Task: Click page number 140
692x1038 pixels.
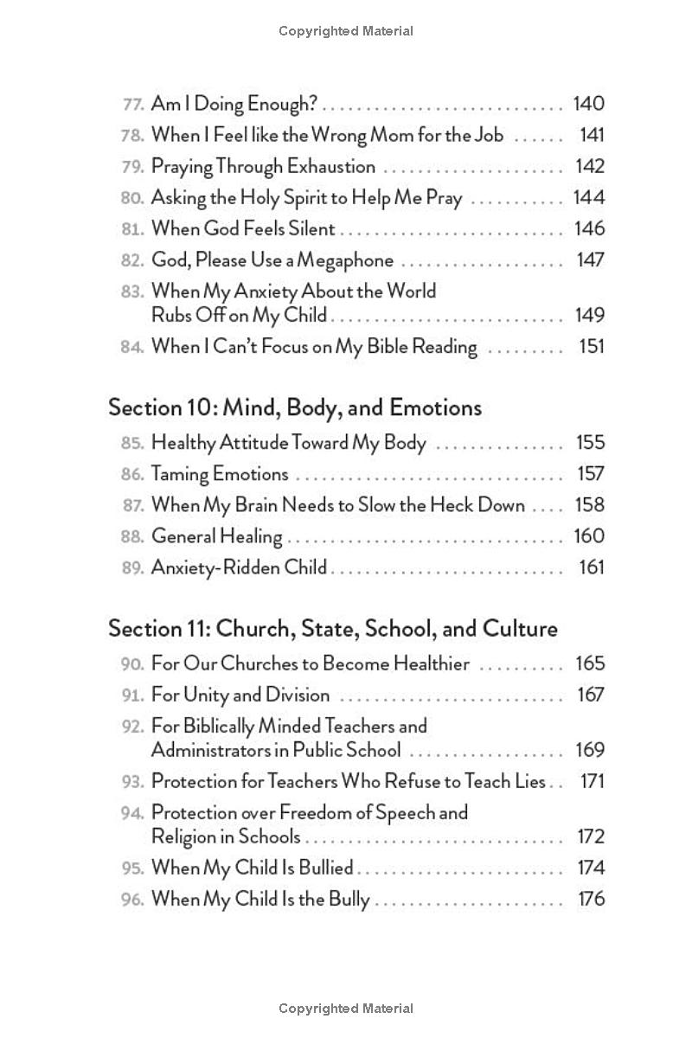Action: click(588, 104)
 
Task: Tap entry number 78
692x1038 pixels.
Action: click(131, 135)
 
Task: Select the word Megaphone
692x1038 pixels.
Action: click(350, 260)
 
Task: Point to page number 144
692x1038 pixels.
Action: click(588, 197)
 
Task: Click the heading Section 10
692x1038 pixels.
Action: click(294, 407)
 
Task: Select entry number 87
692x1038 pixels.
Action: click(131, 505)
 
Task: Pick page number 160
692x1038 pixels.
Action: click(588, 536)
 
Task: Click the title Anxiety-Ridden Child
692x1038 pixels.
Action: click(239, 567)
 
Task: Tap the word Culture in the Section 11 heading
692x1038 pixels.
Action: click(516, 628)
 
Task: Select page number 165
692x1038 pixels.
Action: click(589, 664)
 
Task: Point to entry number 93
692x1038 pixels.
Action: click(131, 782)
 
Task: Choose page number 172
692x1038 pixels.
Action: click(590, 837)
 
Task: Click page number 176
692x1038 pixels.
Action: click(591, 900)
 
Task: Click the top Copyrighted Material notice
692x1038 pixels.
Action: click(346, 31)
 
